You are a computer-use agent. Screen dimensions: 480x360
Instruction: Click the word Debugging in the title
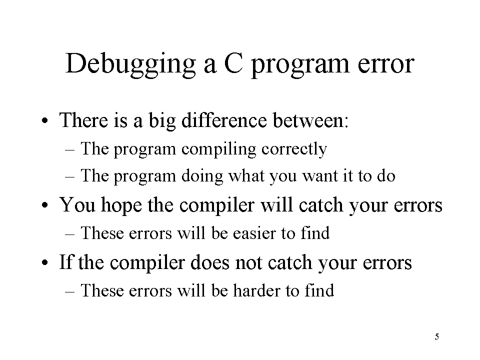(x=130, y=64)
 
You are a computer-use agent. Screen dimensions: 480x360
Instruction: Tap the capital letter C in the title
(x=233, y=63)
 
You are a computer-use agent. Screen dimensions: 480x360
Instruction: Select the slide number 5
(x=437, y=336)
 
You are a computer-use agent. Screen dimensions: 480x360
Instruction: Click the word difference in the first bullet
(x=224, y=119)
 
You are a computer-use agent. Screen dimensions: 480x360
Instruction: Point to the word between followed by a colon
(x=310, y=119)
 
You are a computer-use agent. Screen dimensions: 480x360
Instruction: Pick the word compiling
(x=219, y=149)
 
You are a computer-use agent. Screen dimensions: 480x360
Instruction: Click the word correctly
(x=294, y=149)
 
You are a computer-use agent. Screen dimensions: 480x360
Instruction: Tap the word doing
(x=202, y=176)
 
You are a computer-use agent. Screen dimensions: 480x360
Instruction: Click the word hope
(x=121, y=205)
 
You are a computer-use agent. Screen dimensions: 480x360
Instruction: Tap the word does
(x=209, y=262)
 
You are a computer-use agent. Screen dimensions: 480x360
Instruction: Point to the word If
(x=66, y=262)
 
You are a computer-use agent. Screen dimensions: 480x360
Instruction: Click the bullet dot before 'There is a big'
(x=45, y=120)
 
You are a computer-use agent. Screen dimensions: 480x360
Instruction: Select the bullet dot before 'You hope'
(x=45, y=205)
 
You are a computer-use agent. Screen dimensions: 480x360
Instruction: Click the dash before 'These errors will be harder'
(x=70, y=291)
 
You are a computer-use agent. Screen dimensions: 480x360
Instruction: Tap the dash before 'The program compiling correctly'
(x=70, y=149)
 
